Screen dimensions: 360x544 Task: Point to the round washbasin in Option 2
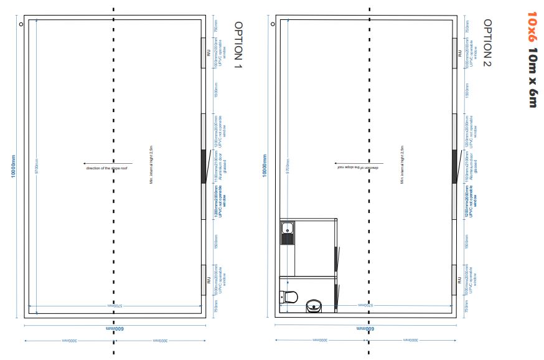pos(313,306)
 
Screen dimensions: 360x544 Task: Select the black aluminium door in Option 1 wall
pos(204,166)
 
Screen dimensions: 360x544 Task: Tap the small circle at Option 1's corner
pos(22,24)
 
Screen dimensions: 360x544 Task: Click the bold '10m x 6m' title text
pos(532,80)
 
